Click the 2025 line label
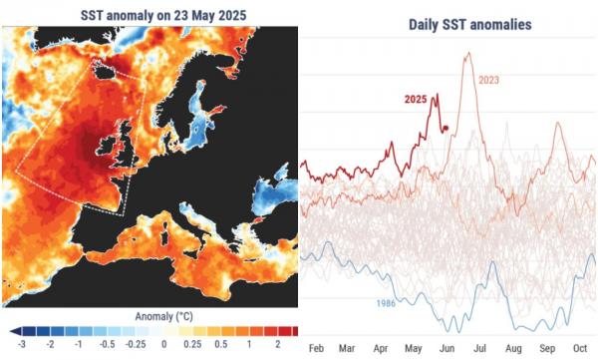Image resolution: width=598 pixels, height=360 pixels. [417, 99]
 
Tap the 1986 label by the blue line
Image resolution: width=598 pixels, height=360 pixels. [391, 301]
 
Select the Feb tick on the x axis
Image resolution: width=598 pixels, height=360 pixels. [317, 348]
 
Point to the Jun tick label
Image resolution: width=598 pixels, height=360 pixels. [448, 348]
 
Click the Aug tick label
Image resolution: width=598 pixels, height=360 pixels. [513, 348]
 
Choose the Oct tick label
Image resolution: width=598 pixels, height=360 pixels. [579, 348]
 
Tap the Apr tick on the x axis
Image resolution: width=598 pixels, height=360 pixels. [381, 348]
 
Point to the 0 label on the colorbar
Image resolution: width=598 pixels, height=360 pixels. [162, 344]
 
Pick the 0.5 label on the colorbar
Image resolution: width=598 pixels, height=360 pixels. [219, 344]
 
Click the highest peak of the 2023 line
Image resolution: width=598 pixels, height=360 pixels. [465, 54]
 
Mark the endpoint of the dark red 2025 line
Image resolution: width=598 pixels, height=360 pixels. [446, 129]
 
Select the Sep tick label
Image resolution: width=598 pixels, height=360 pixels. [546, 348]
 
